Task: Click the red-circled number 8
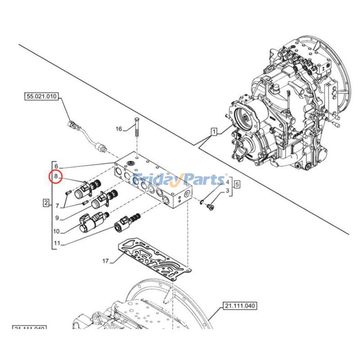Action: click(x=56, y=177)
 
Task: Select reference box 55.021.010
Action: click(x=42, y=96)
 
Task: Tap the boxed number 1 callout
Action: click(x=214, y=132)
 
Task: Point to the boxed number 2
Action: click(x=46, y=203)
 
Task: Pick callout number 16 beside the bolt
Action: click(x=119, y=129)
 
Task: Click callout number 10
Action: click(x=56, y=232)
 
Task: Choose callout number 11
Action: click(x=56, y=244)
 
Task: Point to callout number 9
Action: click(x=56, y=219)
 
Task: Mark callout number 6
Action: click(x=56, y=166)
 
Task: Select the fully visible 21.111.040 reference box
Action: click(x=239, y=306)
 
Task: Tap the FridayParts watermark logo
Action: click(x=180, y=180)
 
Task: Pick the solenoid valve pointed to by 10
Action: click(x=92, y=221)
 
